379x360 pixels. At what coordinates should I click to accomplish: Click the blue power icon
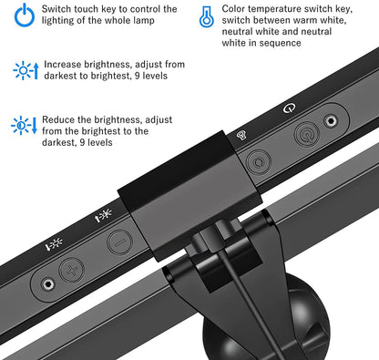coord(25,15)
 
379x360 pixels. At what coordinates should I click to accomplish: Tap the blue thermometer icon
coord(207,15)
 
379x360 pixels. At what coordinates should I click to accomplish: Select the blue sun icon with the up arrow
coord(26,70)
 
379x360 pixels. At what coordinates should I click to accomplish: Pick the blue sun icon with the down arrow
coord(24,125)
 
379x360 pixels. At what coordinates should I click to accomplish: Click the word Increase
coord(63,65)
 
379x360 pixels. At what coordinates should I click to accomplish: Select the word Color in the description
coord(233,9)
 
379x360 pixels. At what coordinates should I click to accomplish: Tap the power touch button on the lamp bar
coord(307,134)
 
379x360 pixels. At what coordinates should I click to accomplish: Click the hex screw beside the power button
coord(331,121)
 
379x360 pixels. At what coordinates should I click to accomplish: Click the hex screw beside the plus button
coord(47,284)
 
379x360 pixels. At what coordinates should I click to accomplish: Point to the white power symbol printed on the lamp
coord(289,108)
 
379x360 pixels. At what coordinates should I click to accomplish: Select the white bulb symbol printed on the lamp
coord(241,135)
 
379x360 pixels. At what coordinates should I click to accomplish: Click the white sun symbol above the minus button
coord(104,215)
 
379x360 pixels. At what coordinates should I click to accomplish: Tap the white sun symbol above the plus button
coord(54,244)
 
